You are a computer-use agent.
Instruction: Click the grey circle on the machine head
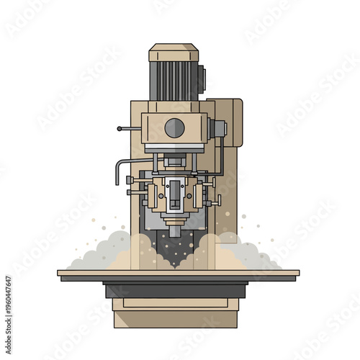point(174,128)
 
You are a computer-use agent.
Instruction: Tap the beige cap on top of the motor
point(174,53)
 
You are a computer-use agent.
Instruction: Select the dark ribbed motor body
point(173,81)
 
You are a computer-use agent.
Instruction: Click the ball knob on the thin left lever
point(119,128)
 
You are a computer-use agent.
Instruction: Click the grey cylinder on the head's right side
point(217,128)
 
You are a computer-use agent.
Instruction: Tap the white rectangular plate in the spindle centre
point(174,193)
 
